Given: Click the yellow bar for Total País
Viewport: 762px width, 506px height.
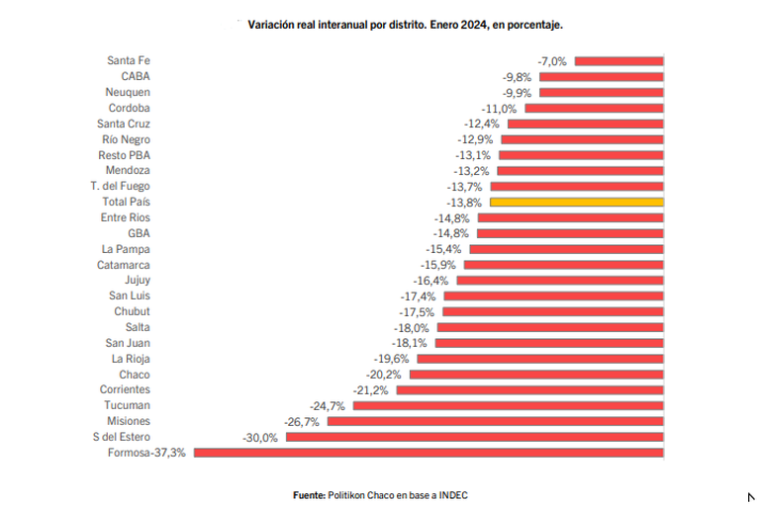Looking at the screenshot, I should (x=576, y=202).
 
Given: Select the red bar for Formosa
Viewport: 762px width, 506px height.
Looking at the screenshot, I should (x=429, y=453).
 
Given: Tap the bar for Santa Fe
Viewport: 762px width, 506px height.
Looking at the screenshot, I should (x=619, y=60).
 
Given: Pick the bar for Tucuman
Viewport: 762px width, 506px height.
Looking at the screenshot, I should (x=508, y=405).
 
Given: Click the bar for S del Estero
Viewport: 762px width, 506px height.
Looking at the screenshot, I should (x=474, y=437).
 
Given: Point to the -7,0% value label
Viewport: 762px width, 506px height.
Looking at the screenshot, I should (x=552, y=60).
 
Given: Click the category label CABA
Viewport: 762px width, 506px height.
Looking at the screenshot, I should (x=136, y=76).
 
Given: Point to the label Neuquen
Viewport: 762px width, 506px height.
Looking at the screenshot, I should (x=129, y=92).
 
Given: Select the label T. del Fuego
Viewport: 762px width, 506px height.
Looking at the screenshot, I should (x=120, y=186).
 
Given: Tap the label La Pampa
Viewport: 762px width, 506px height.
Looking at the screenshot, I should (x=126, y=249).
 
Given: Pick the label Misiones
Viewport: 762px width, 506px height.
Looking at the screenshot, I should (x=128, y=421).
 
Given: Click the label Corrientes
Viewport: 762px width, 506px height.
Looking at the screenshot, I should (x=124, y=390).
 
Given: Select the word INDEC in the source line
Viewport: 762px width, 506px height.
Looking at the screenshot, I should (x=449, y=493).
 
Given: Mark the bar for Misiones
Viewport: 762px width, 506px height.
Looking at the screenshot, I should (x=495, y=421).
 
